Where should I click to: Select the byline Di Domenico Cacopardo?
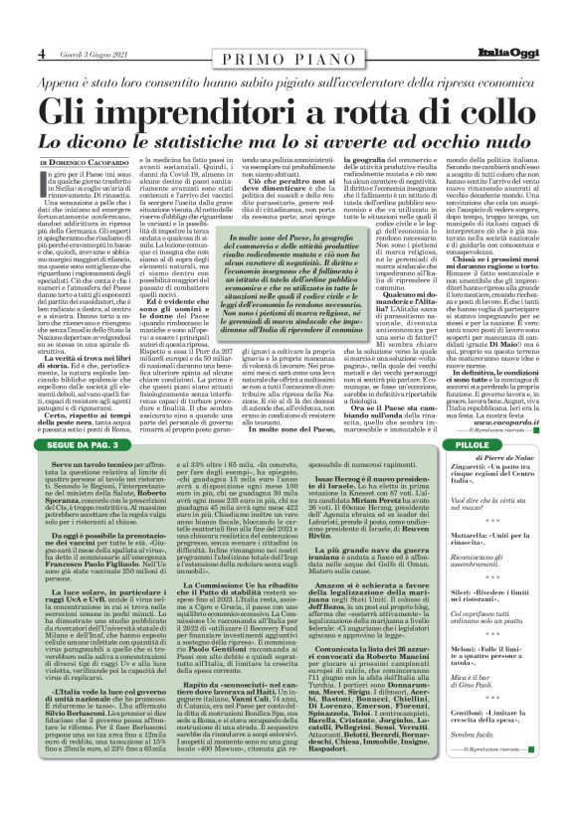click(83, 161)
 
